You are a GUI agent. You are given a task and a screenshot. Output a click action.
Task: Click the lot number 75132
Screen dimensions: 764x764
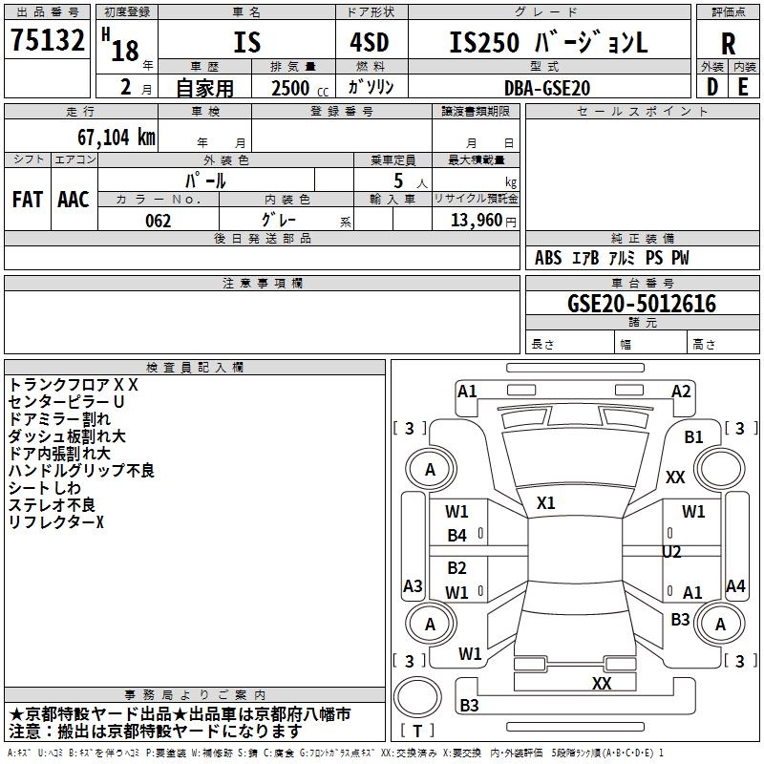pos(48,43)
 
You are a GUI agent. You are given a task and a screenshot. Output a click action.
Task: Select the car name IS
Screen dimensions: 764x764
pos(246,43)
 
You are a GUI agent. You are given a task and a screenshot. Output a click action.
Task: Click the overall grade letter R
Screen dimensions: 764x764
pos(728,43)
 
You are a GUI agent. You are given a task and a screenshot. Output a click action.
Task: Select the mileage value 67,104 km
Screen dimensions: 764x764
pos(108,137)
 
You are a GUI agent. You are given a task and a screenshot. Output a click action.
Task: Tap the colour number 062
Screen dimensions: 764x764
pos(158,221)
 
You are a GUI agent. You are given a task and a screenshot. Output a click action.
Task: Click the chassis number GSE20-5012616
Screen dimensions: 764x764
pos(642,304)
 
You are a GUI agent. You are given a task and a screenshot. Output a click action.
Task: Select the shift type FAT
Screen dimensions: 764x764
pos(28,200)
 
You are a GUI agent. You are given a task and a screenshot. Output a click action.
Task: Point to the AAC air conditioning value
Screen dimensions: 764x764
pos(74,200)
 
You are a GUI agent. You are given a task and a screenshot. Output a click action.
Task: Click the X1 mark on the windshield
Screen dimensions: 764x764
pos(546,502)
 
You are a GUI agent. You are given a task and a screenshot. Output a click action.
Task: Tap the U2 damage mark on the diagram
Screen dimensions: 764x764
pos(671,552)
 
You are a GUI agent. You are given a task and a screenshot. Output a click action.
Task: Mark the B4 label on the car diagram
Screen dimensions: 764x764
pos(457,536)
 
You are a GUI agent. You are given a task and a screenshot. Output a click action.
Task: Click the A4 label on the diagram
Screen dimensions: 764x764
pos(735,586)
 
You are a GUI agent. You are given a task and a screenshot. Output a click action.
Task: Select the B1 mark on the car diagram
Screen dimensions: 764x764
pos(693,437)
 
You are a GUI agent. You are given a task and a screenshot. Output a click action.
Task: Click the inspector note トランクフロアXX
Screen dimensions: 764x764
pos(74,385)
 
